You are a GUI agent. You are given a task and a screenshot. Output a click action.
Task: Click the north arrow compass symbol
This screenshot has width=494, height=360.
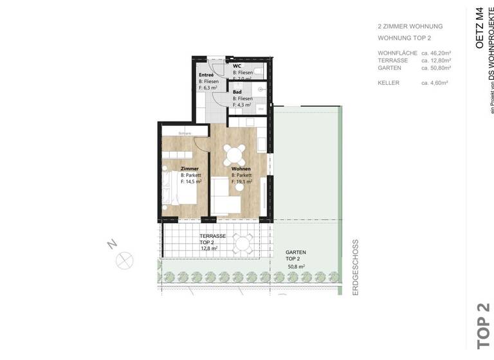pos(122,260)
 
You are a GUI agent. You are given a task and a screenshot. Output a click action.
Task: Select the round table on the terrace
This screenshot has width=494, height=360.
pos(242,243)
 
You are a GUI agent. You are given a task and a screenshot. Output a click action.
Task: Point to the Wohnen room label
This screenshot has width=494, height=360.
pos(241,168)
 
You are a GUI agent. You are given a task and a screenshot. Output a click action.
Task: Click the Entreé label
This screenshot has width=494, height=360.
pos(206,75)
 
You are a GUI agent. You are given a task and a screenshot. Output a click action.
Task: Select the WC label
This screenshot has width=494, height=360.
pos(237,66)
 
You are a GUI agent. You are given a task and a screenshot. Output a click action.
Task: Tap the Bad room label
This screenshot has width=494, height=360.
pos(237,91)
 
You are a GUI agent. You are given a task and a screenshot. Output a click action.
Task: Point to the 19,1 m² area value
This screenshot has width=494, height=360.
pos(243,182)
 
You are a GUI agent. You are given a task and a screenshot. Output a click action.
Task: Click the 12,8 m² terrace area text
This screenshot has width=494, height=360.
pos(209,248)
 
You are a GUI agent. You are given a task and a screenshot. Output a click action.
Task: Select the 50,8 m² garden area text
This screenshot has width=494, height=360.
pos(295,265)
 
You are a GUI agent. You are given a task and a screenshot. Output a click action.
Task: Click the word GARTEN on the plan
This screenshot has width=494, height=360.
pos(295,253)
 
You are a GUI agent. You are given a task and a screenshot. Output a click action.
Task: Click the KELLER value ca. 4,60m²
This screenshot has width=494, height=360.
pos(435,83)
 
